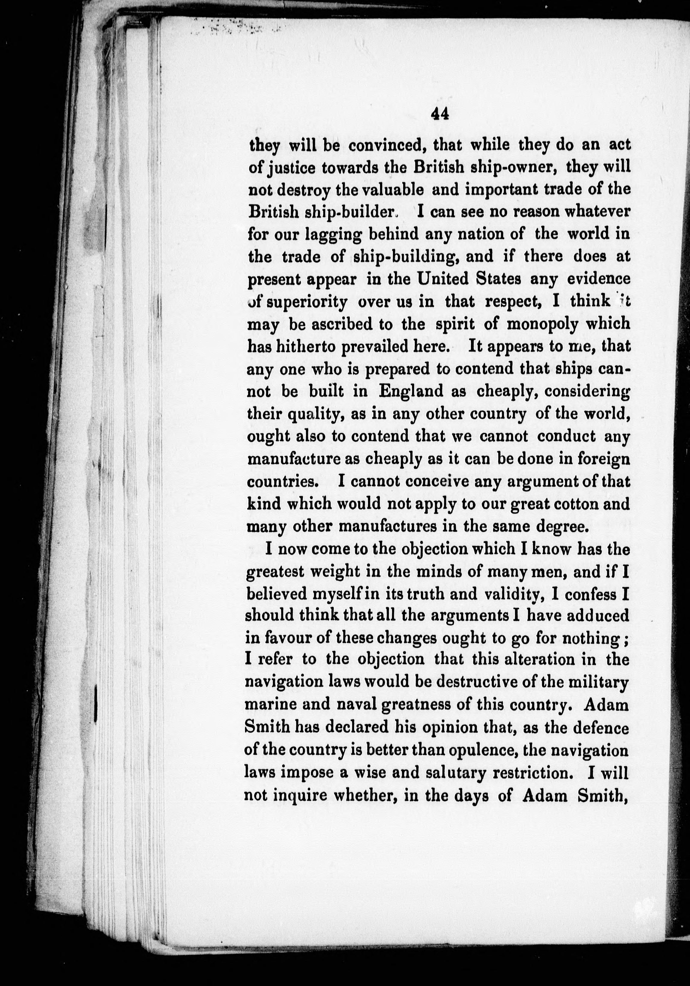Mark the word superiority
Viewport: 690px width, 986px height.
click(307, 302)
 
